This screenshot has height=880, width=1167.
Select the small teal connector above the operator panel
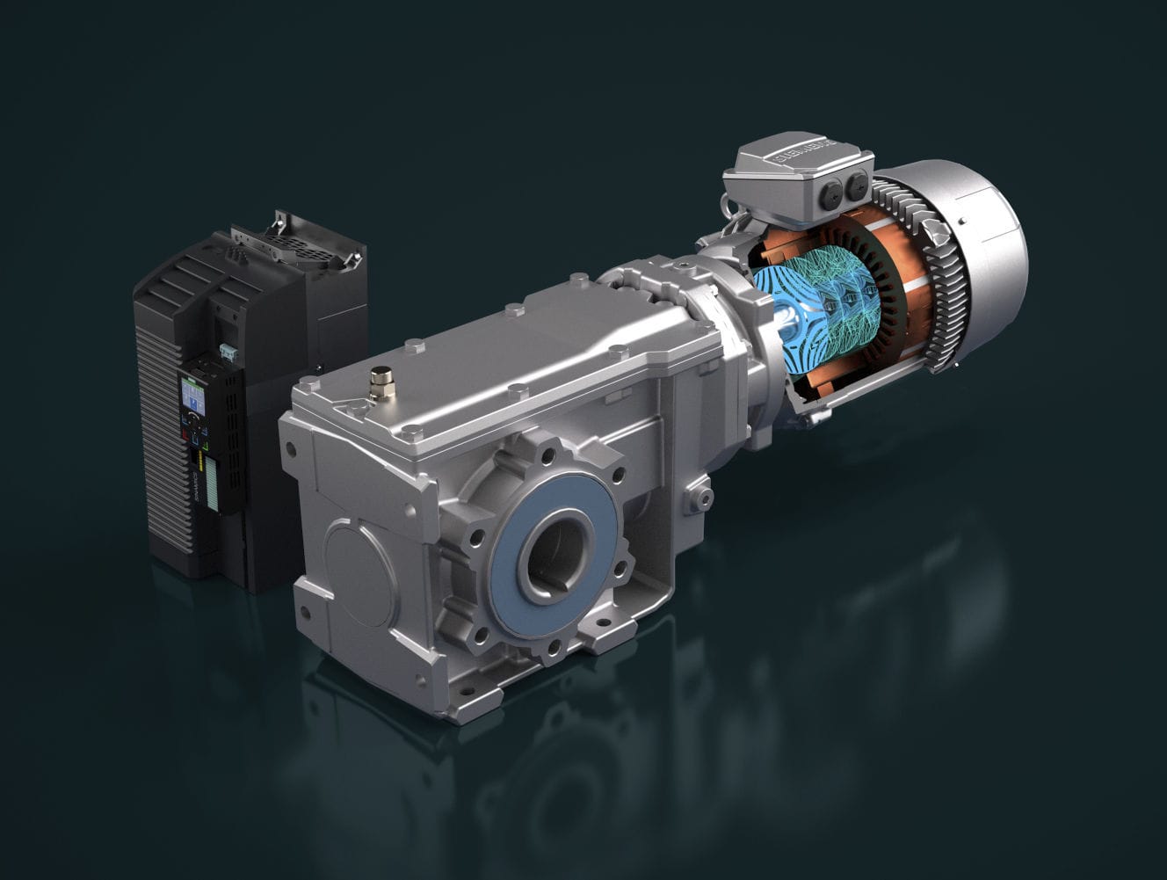click(x=229, y=352)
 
